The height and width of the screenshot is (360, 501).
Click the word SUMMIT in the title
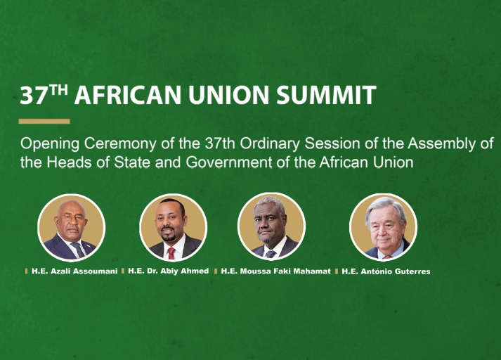click(326, 95)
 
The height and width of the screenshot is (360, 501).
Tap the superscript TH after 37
click(59, 90)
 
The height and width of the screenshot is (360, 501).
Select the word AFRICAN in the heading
click(128, 95)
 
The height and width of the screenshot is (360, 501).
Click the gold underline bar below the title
click(44, 121)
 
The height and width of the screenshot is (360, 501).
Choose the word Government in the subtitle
click(229, 162)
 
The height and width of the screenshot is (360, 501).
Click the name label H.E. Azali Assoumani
click(74, 271)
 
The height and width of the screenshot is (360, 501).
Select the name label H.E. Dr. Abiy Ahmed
click(169, 271)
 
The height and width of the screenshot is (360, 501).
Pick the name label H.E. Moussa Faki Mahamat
click(275, 271)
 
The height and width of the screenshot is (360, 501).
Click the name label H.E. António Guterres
click(386, 271)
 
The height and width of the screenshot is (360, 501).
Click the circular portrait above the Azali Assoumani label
click(72, 227)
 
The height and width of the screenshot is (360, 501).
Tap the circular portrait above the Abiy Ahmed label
click(174, 227)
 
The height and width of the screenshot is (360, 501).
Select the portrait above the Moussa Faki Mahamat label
click(272, 226)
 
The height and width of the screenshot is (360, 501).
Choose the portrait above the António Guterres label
click(384, 227)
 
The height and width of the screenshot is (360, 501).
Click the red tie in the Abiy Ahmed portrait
click(171, 253)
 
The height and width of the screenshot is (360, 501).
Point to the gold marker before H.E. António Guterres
click(337, 271)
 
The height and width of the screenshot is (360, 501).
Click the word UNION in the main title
click(228, 95)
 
